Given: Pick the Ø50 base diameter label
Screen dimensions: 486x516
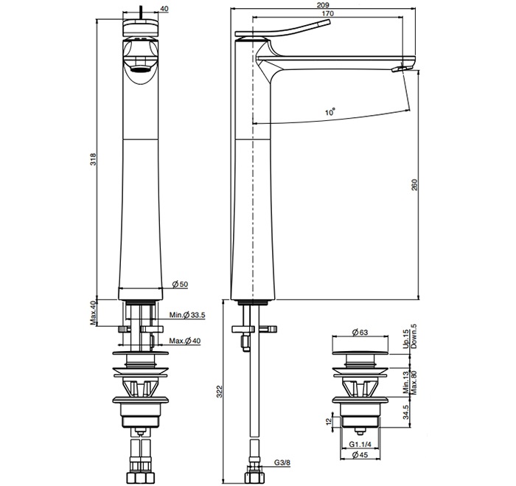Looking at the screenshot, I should pyautogui.click(x=178, y=285).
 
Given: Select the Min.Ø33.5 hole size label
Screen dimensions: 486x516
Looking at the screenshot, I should pyautogui.click(x=186, y=316).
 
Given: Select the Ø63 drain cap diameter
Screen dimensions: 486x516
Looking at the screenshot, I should pyautogui.click(x=360, y=333).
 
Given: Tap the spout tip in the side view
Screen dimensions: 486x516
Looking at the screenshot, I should pyautogui.click(x=400, y=70).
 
